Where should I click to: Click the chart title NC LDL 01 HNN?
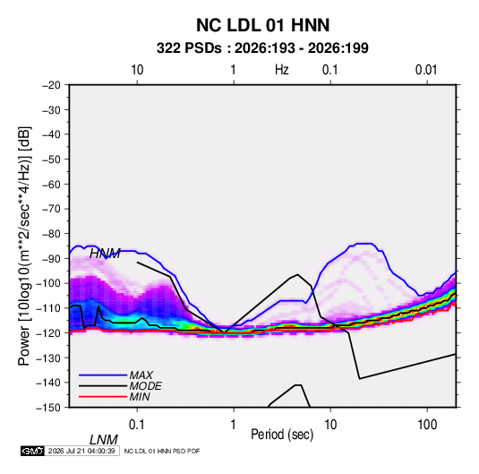[x=262, y=25]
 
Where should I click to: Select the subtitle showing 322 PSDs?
[x=262, y=48]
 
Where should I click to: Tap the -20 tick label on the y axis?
[x=51, y=85]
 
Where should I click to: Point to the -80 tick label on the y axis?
[x=51, y=234]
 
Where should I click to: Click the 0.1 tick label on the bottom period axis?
[x=137, y=425]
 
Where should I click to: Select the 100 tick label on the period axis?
[x=427, y=425]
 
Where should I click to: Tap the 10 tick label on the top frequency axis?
[x=137, y=70]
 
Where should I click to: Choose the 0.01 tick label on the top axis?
[x=426, y=70]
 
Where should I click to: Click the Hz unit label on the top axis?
[x=282, y=70]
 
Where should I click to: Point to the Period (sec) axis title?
[x=282, y=435]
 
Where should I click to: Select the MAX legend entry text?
[x=141, y=375]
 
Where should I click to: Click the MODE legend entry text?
[x=145, y=386]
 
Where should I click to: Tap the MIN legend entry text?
[x=140, y=397]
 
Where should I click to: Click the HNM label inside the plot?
[x=105, y=254]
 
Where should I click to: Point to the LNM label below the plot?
[x=104, y=440]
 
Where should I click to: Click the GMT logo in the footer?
[x=32, y=451]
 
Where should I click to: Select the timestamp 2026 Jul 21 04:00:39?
[x=81, y=451]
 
